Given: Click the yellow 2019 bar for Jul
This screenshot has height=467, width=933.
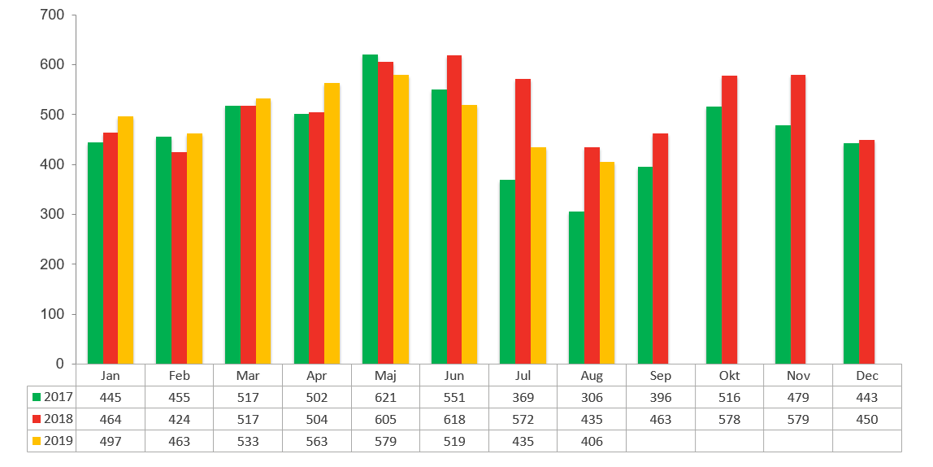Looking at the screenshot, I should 538,255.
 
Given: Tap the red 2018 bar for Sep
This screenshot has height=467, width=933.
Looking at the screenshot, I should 661,248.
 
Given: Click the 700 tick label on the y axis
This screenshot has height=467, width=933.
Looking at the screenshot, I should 52,15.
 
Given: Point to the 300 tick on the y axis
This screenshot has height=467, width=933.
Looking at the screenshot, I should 52,214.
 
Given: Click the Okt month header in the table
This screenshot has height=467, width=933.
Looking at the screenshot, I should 729,376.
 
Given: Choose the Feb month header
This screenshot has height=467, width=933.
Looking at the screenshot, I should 179,376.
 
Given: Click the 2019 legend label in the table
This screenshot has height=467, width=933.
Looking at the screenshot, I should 57,441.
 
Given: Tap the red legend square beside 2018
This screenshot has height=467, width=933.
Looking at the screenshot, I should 36,419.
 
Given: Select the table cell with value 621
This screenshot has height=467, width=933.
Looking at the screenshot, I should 385,397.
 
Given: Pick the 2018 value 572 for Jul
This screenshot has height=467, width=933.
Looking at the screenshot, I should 523,419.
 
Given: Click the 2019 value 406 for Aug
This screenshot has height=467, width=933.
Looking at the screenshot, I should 592,441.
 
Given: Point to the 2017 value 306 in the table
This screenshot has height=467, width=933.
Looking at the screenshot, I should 592,397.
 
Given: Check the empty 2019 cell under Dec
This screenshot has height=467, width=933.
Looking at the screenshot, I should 866,441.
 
